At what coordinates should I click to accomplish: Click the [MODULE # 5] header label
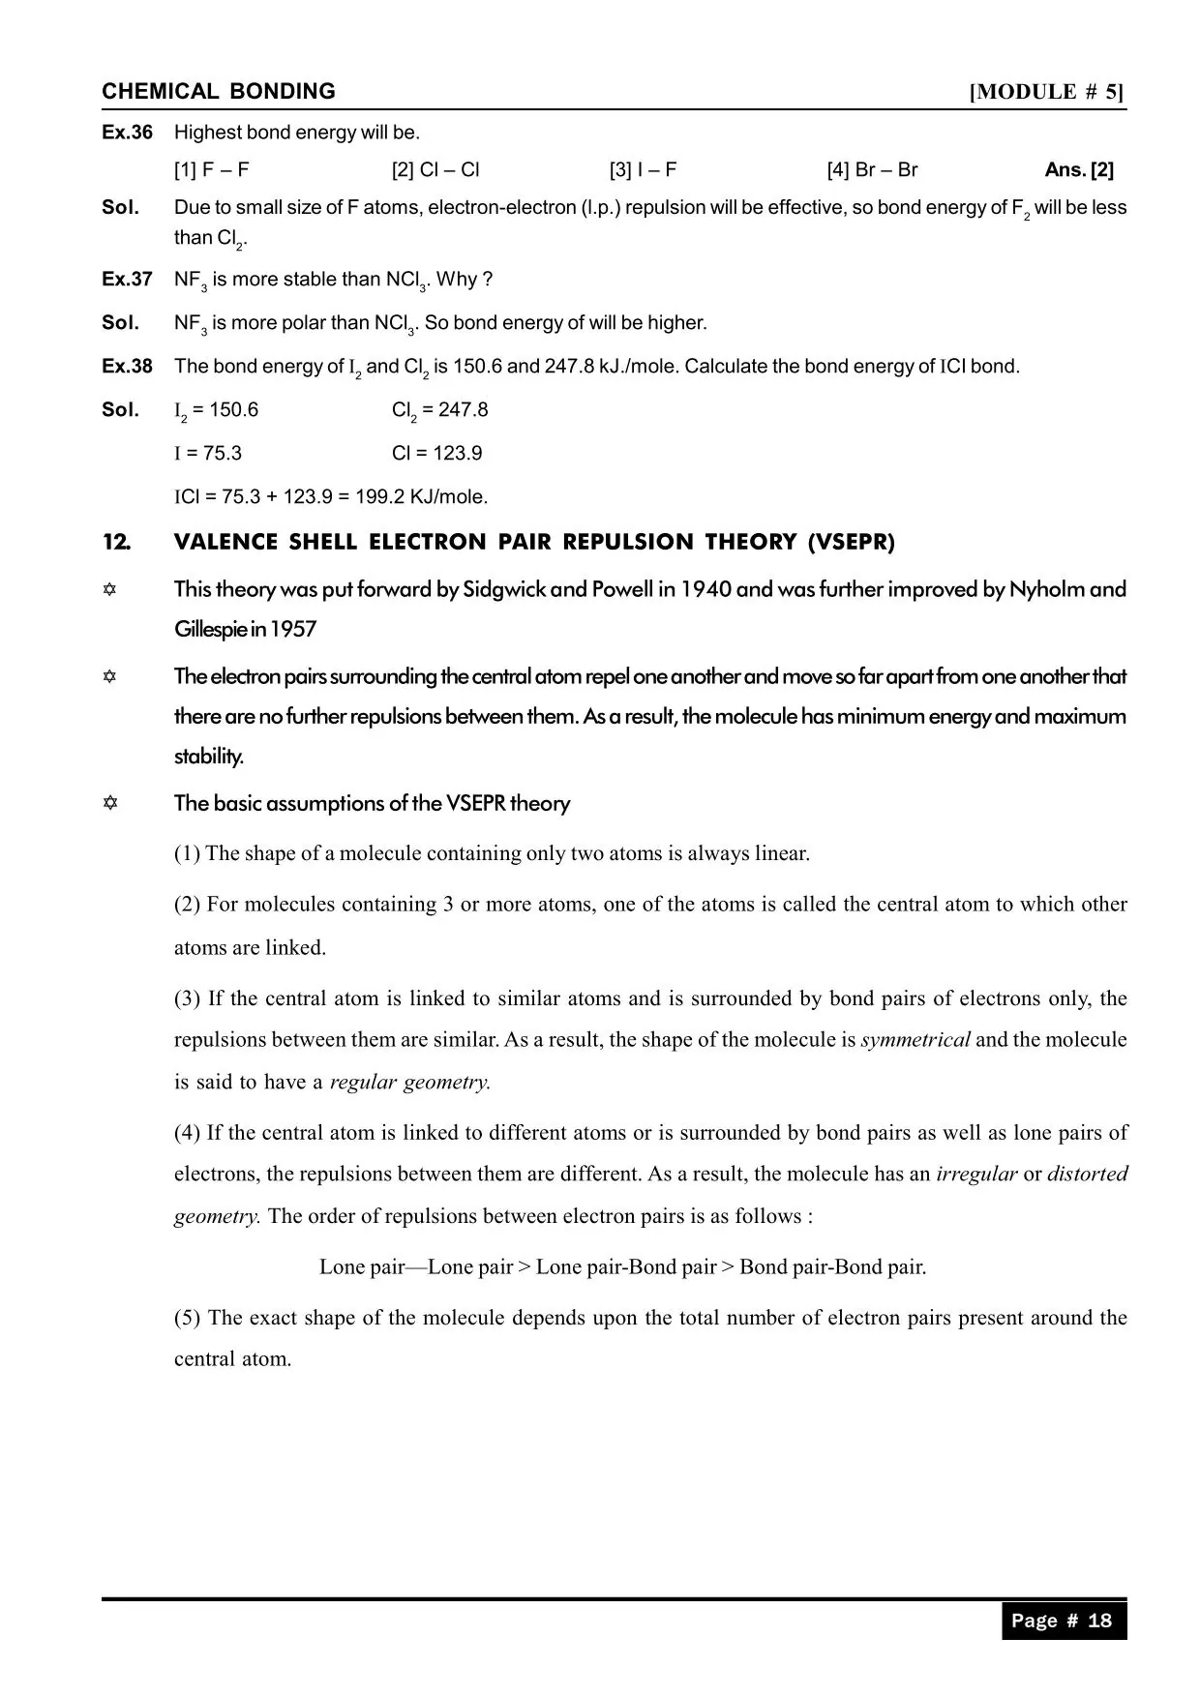coord(1047,92)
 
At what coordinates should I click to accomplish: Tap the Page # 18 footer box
coord(1063,1621)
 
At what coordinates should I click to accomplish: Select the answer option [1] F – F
coord(212,170)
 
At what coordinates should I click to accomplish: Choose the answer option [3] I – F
coord(643,170)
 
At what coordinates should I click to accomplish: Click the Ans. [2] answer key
coord(1079,170)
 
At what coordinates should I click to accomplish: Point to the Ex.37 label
coord(127,280)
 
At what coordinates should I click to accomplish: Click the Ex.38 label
coord(127,367)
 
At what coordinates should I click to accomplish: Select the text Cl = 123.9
coord(436,454)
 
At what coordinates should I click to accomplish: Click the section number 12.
coord(116,543)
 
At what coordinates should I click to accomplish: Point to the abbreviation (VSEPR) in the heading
coord(852,543)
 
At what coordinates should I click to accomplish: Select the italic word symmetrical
coord(915,1040)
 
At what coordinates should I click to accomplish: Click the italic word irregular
coord(975,1175)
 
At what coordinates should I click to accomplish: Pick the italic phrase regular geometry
coord(410,1083)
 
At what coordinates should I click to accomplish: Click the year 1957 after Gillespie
coord(293,630)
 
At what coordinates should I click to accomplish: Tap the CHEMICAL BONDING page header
coord(219,92)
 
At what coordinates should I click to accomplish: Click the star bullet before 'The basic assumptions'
coord(110,803)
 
